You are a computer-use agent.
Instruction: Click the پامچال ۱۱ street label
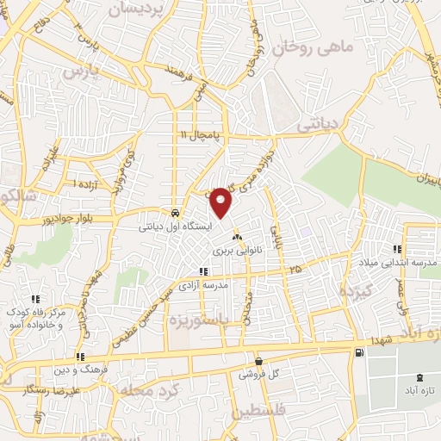[x=201, y=135]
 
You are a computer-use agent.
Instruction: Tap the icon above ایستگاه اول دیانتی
[x=176, y=213]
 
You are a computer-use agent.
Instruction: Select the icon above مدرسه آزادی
[x=203, y=272]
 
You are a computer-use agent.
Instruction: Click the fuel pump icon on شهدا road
[x=357, y=352]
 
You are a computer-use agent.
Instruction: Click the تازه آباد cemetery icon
[x=419, y=378]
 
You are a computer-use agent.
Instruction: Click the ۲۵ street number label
[x=296, y=270]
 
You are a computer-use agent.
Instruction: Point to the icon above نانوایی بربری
[x=237, y=238]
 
